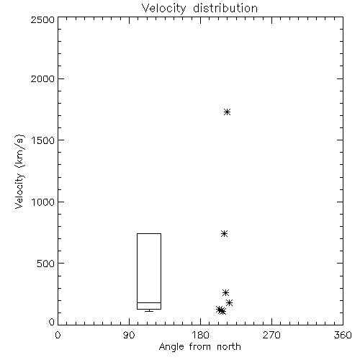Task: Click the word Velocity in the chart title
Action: pyautogui.click(x=163, y=9)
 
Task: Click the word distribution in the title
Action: pyautogui.click(x=225, y=8)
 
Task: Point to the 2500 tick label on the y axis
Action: pyautogui.click(x=42, y=19)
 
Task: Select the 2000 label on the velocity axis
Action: pyautogui.click(x=42, y=78)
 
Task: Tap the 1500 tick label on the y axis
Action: pyautogui.click(x=43, y=140)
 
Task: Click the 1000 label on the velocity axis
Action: pyautogui.click(x=43, y=202)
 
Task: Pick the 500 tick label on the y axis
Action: pyautogui.click(x=46, y=264)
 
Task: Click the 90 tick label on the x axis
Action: pyautogui.click(x=129, y=335)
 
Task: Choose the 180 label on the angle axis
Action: pyautogui.click(x=200, y=335)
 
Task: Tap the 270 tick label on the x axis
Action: pyautogui.click(x=271, y=335)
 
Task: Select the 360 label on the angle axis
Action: pyautogui.click(x=343, y=335)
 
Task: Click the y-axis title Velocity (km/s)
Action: pyautogui.click(x=19, y=171)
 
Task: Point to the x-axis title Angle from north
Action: pyautogui.click(x=200, y=347)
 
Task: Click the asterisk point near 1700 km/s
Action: pyautogui.click(x=227, y=112)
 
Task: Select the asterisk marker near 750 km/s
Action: pyautogui.click(x=224, y=233)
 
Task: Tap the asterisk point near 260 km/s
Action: pyautogui.click(x=225, y=292)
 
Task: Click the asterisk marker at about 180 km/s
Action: pyautogui.click(x=230, y=302)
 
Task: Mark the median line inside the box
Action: pyautogui.click(x=149, y=302)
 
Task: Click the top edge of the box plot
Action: pyautogui.click(x=149, y=233)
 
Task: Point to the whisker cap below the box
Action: pyautogui.click(x=149, y=311)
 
